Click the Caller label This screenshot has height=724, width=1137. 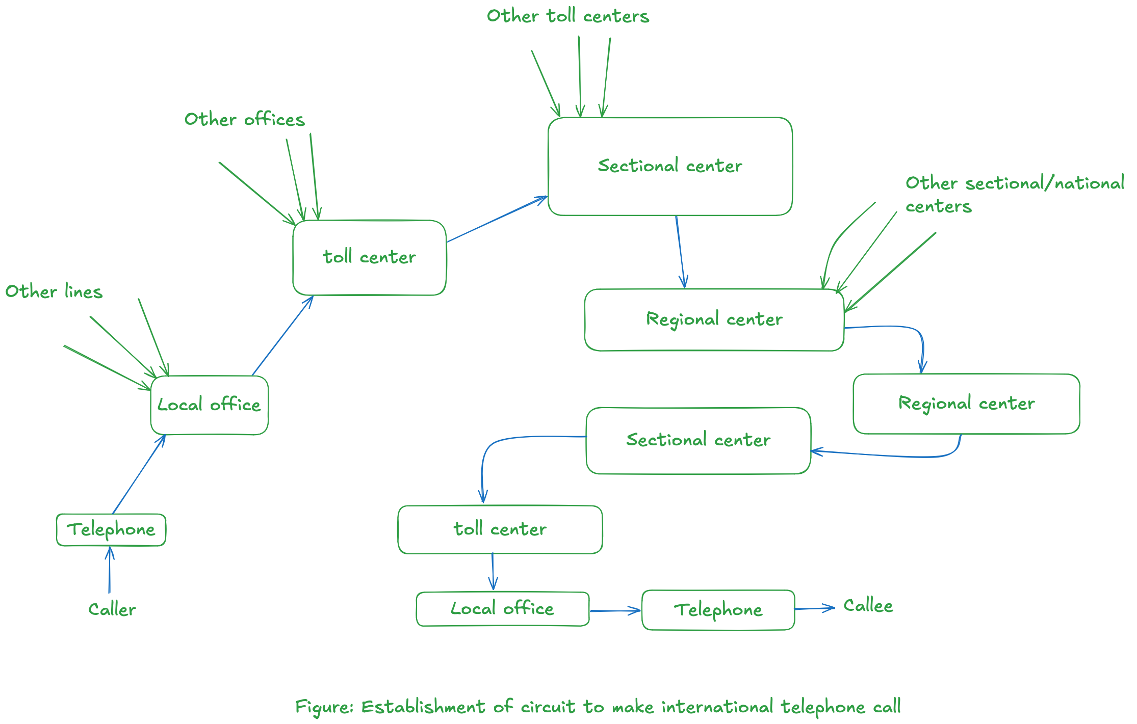[x=112, y=609]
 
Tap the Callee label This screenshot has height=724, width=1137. [x=868, y=606]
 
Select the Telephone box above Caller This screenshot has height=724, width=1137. [x=111, y=530]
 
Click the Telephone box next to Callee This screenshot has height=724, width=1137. [x=718, y=610]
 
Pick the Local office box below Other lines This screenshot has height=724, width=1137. [x=209, y=405]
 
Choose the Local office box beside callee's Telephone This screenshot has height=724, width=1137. [x=502, y=609]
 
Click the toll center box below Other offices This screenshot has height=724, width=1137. [x=369, y=257]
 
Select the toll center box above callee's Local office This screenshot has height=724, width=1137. [x=500, y=529]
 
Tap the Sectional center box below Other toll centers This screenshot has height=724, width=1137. [x=669, y=166]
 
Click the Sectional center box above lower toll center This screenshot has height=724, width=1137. [x=698, y=440]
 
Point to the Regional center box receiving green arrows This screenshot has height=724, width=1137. [x=714, y=319]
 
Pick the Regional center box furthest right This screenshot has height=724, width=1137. [x=966, y=404]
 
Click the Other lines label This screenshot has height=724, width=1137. [x=54, y=292]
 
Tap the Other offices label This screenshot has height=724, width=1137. [x=244, y=120]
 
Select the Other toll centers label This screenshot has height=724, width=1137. [x=567, y=16]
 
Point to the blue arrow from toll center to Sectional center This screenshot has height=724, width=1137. [x=497, y=219]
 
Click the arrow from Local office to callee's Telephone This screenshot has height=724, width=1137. [x=615, y=610]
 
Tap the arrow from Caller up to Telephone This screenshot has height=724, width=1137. [x=109, y=570]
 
